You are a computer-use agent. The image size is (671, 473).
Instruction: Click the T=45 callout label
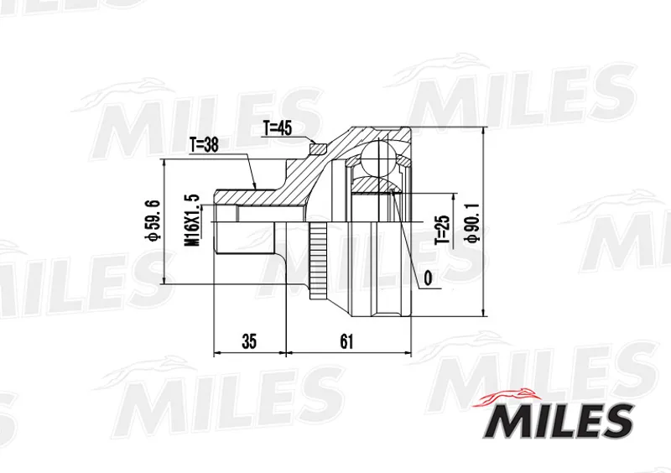click(x=277, y=128)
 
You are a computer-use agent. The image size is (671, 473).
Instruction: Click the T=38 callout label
click(x=204, y=146)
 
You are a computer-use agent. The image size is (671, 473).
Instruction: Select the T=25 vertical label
click(x=443, y=230)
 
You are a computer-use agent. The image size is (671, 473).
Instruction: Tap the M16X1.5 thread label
click(x=192, y=220)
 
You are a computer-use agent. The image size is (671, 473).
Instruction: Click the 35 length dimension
click(x=249, y=341)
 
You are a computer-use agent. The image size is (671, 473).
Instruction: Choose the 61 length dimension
click(x=346, y=341)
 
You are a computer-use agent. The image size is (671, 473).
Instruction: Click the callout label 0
click(x=428, y=278)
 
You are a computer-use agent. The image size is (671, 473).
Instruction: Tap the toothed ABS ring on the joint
click(x=318, y=262)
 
